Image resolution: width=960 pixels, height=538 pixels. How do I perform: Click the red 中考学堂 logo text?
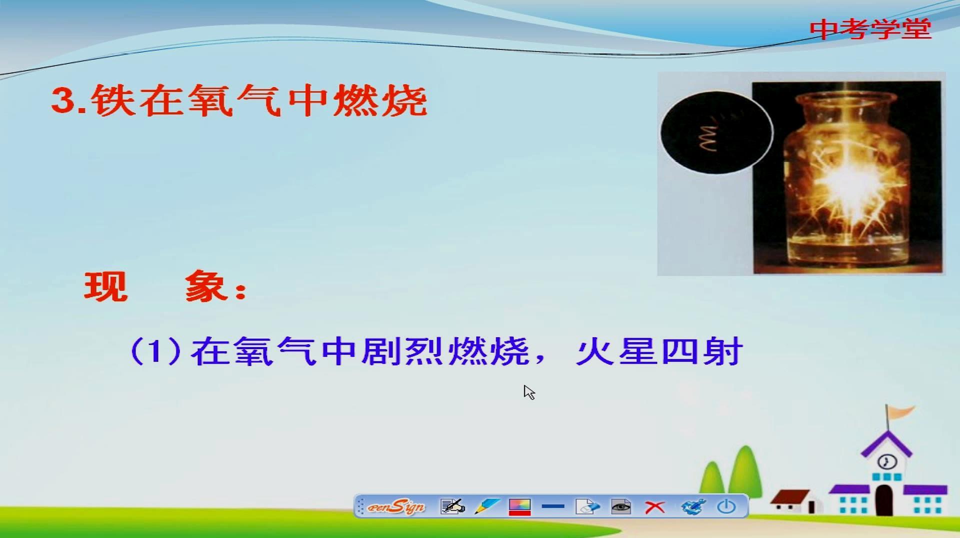870,29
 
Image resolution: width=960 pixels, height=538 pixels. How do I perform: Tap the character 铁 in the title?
113,100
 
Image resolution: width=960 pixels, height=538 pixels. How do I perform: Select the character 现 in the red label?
106,287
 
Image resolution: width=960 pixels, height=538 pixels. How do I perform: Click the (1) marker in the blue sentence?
155,351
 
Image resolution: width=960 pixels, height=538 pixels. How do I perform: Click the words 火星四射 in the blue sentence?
659,352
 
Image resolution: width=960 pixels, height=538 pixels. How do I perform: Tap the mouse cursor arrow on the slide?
529,392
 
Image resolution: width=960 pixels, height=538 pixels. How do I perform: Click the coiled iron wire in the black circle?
709,136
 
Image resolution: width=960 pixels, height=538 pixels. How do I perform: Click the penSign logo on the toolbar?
396,507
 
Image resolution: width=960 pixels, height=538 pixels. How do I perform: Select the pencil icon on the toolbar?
486,507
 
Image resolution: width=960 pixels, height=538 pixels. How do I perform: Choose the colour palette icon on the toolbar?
519,507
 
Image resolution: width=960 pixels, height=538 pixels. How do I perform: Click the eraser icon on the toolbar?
587,507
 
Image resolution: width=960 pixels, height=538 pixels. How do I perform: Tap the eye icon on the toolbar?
621,507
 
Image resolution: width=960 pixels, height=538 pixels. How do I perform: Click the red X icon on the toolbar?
654,507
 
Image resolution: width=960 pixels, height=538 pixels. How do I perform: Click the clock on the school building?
887,461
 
